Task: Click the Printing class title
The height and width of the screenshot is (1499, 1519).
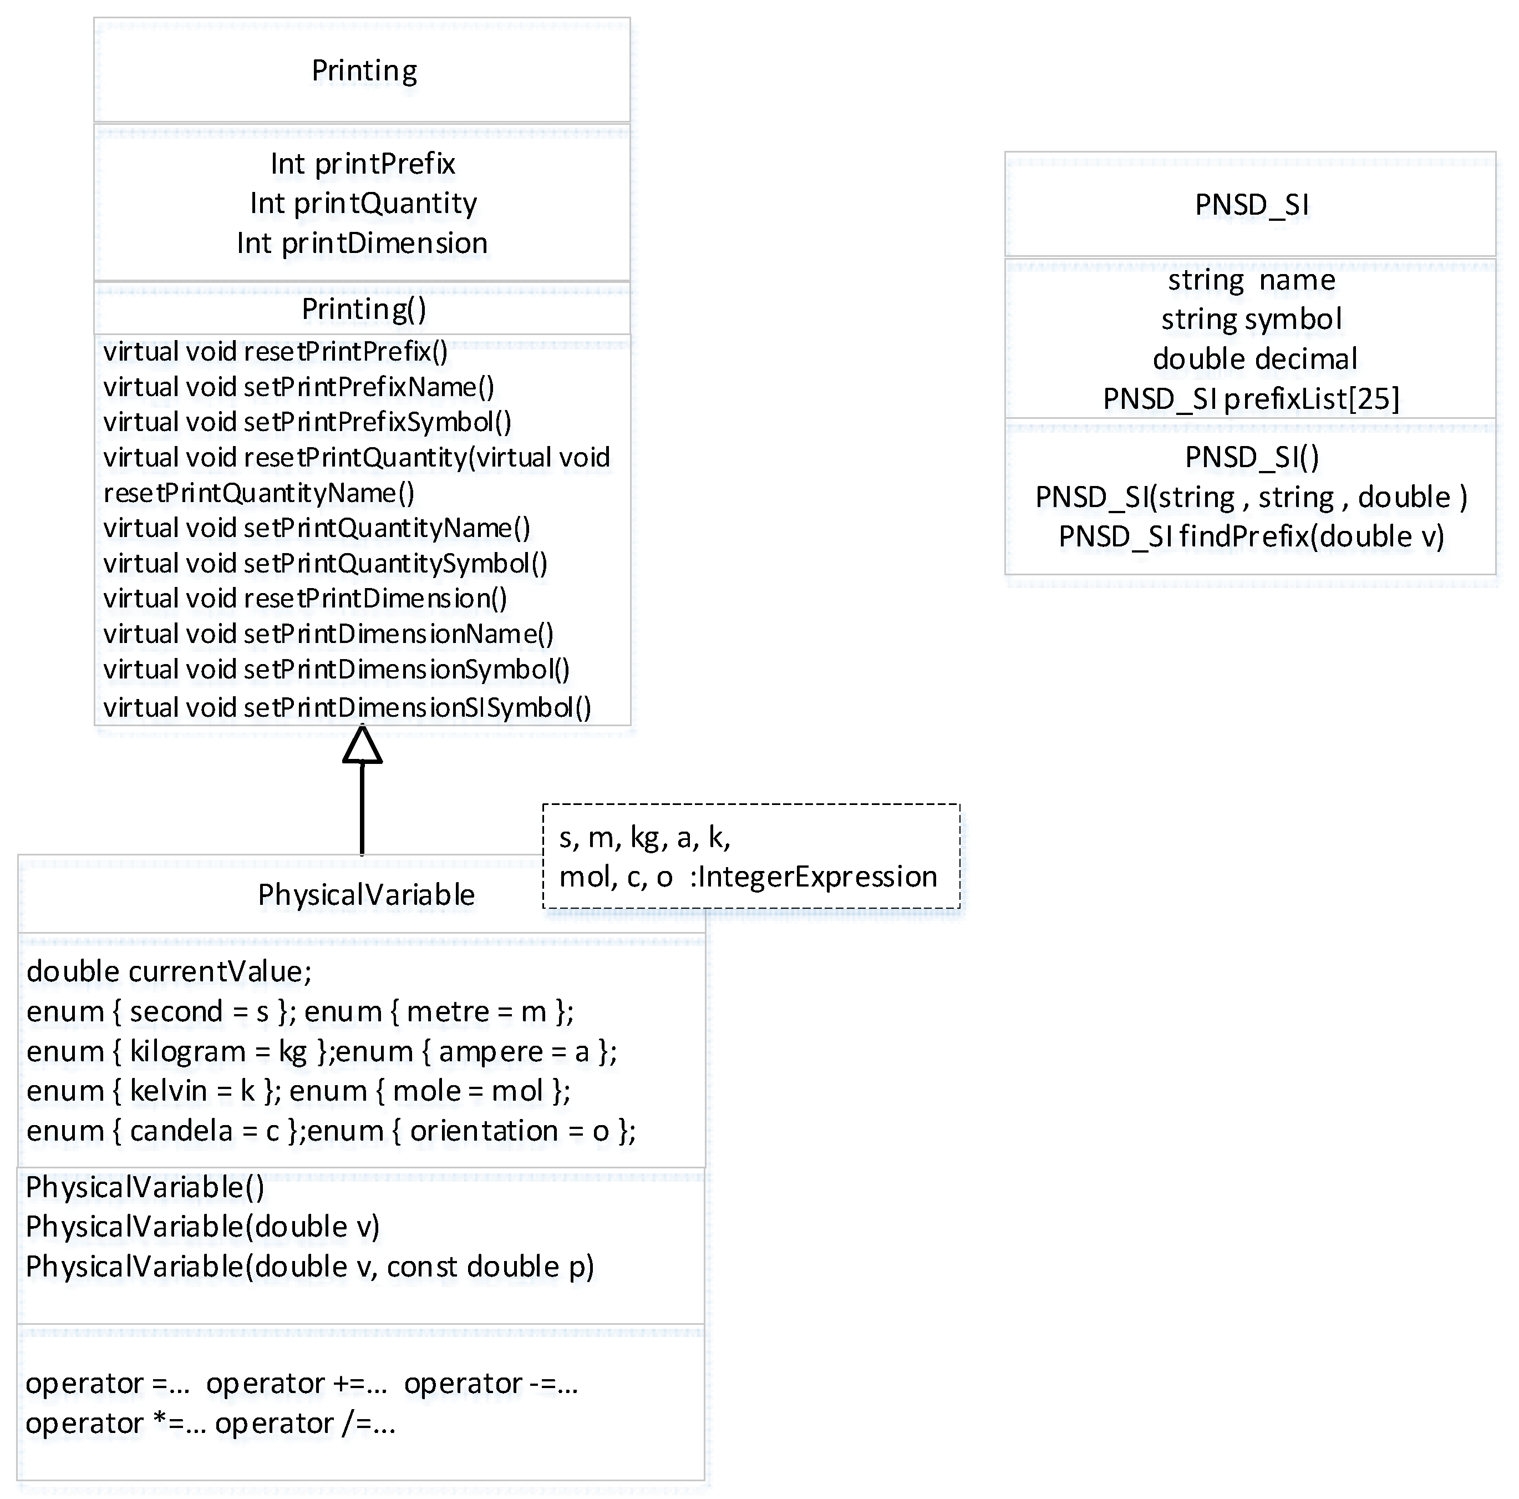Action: pos(364,71)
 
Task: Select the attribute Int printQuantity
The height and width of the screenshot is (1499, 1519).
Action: pos(363,204)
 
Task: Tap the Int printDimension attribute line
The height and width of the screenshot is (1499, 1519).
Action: pos(363,243)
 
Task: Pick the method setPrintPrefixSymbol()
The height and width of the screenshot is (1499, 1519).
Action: pos(307,422)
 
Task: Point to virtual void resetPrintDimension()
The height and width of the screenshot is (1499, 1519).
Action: pos(305,599)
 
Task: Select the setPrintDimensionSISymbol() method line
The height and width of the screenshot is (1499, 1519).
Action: pos(347,708)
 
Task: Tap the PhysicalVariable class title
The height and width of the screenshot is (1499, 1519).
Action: pos(367,895)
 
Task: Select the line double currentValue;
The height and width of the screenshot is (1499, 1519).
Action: pos(169,972)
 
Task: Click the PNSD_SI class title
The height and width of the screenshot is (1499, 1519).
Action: pos(1252,205)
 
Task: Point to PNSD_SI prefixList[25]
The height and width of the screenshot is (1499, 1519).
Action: pos(1251,399)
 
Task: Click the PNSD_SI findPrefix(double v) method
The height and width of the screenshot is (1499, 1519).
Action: pos(1251,537)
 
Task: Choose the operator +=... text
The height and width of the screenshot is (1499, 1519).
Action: pos(296,1384)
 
